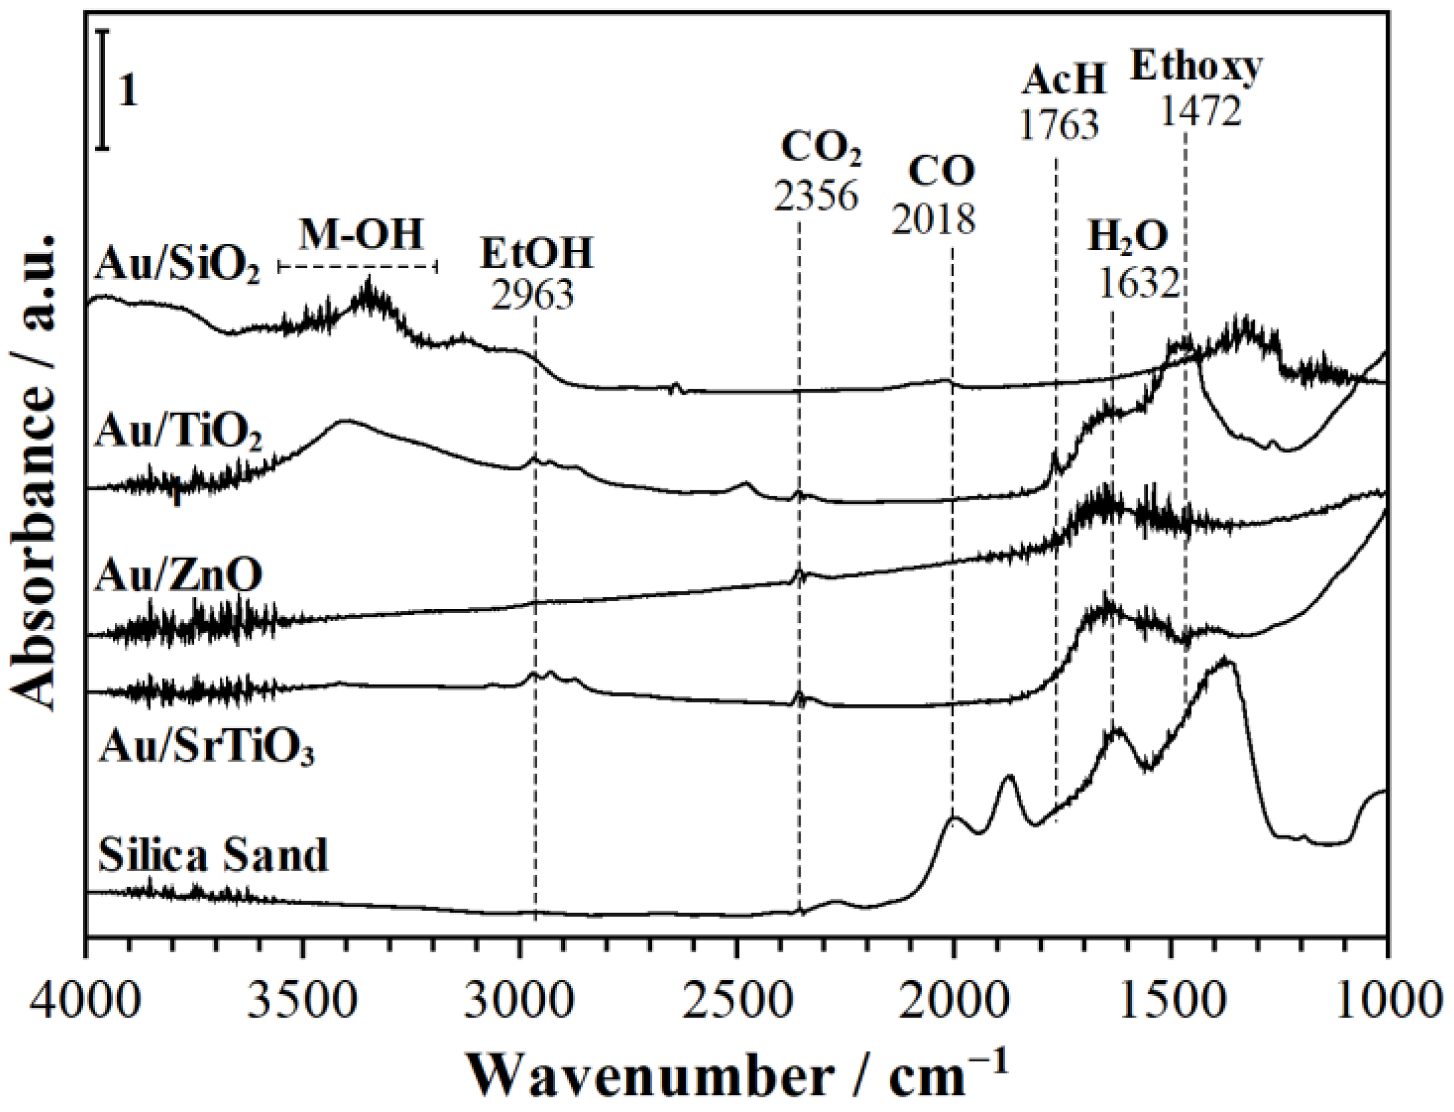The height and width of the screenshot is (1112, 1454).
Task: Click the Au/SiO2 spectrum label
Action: tap(178, 267)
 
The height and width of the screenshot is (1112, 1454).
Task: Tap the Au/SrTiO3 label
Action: tap(205, 749)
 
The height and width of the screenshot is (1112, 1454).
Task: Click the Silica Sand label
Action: tap(213, 855)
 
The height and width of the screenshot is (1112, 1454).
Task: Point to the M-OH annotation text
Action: tap(360, 235)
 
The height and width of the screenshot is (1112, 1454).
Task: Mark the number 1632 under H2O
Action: tap(1140, 283)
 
